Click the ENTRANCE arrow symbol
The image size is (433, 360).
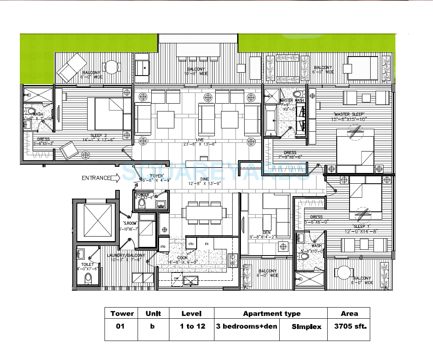coord(116,178)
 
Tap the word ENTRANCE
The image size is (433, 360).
coord(96,178)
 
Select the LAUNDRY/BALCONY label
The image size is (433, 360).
coord(126,256)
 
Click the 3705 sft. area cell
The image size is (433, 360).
coord(349,326)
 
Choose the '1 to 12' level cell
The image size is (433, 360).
coord(190,326)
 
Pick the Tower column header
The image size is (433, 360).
coord(122,313)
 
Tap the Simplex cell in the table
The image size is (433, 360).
coord(306,327)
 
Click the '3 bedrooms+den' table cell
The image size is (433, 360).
coord(246,326)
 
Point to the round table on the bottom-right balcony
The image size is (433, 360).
coord(344,273)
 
